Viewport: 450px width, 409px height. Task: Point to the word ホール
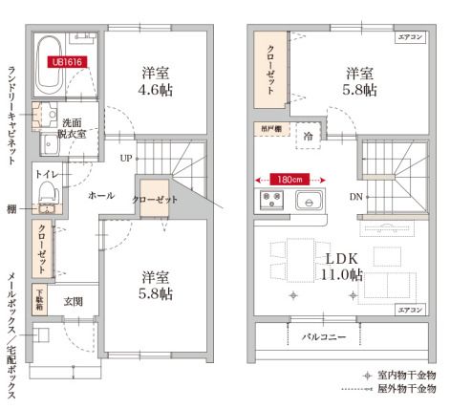pos(100,194)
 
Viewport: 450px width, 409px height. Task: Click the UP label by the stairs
pos(126,159)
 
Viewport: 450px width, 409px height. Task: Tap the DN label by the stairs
pos(355,198)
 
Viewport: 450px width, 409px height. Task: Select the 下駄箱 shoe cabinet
pos(41,297)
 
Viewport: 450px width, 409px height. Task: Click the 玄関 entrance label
pos(74,301)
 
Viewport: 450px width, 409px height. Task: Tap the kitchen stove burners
pos(269,201)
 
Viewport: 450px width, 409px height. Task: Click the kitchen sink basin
pos(310,201)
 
